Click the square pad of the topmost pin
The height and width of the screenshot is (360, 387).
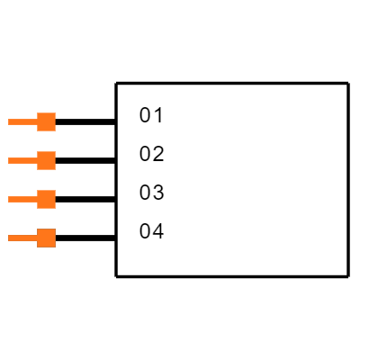[x=46, y=121]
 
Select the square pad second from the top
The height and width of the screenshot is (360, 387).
[x=46, y=160]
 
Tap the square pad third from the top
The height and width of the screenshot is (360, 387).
[x=46, y=199]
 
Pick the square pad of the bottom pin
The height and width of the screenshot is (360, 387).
[x=46, y=238]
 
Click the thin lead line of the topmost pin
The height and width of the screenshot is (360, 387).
[x=22, y=121]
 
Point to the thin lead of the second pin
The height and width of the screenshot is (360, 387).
[x=22, y=160]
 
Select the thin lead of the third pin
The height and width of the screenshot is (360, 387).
[x=22, y=199]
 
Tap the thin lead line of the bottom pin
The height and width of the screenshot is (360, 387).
[x=22, y=238]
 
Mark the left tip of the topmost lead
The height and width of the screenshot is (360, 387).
[x=9, y=121]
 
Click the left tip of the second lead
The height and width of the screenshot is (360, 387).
[x=9, y=160]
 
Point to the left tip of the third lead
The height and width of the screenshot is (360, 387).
[x=9, y=199]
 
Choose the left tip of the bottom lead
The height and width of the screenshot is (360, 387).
[x=9, y=238]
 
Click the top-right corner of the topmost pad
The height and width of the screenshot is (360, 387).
[x=55, y=113]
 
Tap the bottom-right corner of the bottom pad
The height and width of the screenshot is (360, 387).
[x=55, y=247]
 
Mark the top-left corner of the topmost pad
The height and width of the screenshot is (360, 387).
[x=38, y=113]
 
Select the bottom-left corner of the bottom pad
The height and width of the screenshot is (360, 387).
[x=38, y=247]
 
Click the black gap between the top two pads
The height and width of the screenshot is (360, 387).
[x=46, y=141]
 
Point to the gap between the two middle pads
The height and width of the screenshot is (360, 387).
[x=46, y=180]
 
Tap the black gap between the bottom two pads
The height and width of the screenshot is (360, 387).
[x=46, y=219]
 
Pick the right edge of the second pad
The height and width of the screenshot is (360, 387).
[x=55, y=160]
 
